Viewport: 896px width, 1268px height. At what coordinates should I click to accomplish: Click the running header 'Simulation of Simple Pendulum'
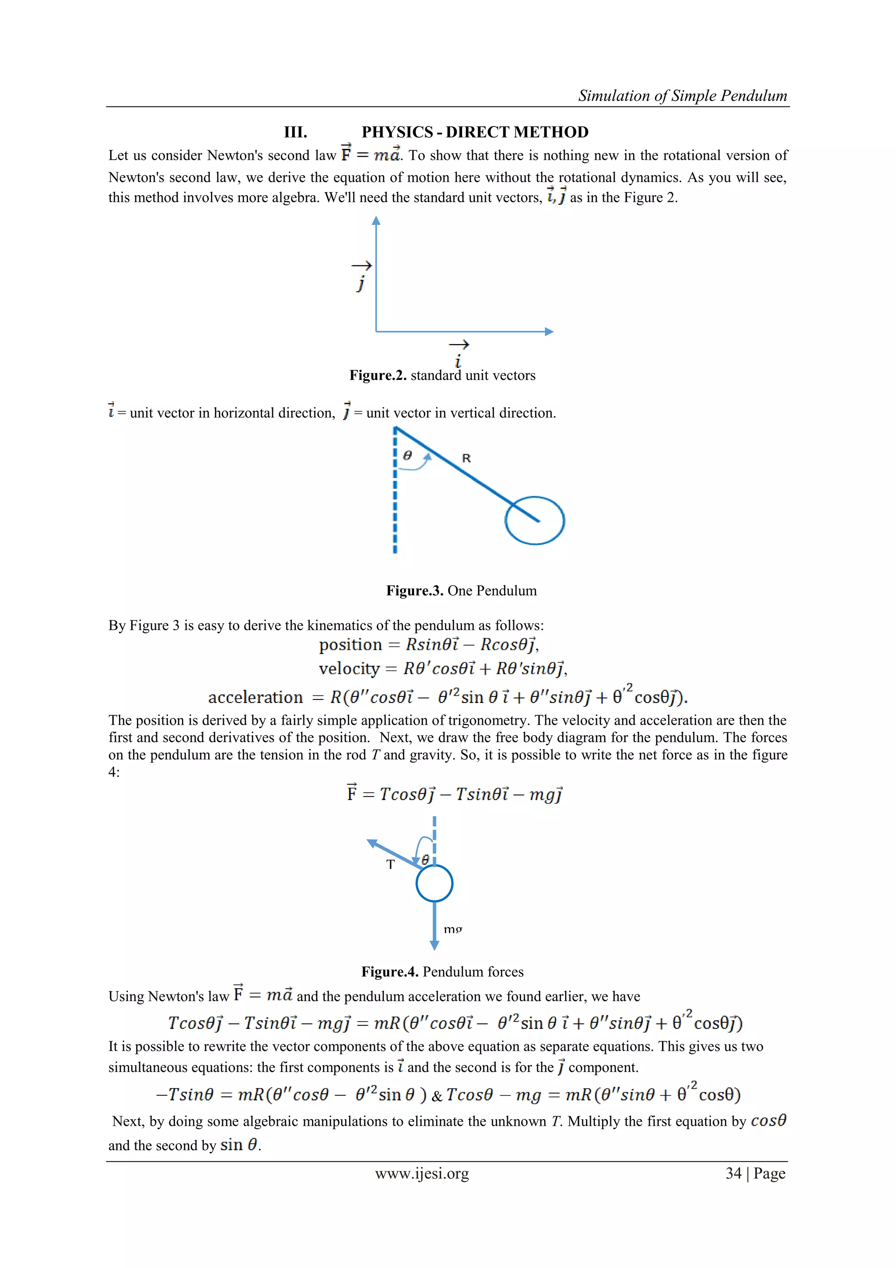(x=682, y=96)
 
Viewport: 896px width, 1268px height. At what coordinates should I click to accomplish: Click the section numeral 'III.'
(x=295, y=132)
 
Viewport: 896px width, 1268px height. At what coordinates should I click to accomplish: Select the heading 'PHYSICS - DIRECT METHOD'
(x=475, y=132)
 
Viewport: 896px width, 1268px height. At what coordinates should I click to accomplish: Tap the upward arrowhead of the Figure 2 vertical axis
(x=376, y=221)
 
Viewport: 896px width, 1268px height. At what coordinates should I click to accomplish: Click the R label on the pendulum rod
(x=466, y=458)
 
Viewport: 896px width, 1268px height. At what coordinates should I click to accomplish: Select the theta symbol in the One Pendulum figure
(x=407, y=455)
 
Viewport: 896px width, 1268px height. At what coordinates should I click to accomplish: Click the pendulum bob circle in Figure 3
(x=534, y=520)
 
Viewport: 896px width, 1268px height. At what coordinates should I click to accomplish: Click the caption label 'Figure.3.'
(x=415, y=590)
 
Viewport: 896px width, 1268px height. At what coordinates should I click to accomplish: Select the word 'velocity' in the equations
(x=349, y=669)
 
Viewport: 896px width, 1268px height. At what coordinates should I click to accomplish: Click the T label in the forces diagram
(x=390, y=865)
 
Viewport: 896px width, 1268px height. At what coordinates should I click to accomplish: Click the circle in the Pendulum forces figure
(x=434, y=884)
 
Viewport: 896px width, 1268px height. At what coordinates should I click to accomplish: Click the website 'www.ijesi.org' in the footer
(x=422, y=1173)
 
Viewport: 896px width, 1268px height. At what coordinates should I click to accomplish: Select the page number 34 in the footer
(x=733, y=1173)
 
